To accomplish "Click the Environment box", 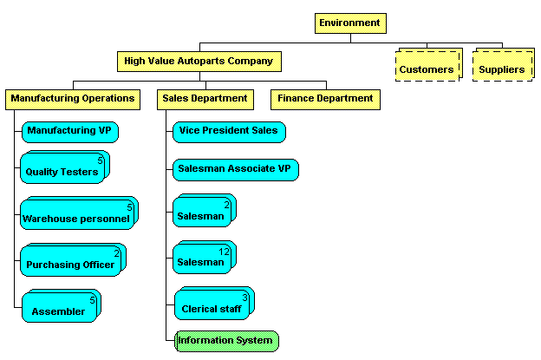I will (x=349, y=23).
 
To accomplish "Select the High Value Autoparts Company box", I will (x=199, y=61).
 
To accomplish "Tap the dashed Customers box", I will (x=427, y=68).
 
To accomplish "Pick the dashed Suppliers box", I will (x=502, y=68).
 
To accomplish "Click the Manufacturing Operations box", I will (x=73, y=98).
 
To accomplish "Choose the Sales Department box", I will (x=205, y=98).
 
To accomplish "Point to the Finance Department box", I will (x=325, y=98).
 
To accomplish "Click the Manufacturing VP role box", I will (x=69, y=131).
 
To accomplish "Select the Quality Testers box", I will (x=62, y=170).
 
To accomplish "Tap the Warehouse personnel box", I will (x=77, y=217).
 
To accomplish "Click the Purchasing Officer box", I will (x=70, y=263).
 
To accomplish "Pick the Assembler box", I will (x=59, y=310).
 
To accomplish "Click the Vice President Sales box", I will (x=229, y=131).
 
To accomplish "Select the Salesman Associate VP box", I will (x=235, y=169).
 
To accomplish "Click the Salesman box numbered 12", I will (x=201, y=260).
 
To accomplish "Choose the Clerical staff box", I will (x=212, y=307).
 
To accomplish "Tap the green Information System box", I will (x=225, y=340).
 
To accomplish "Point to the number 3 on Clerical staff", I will (x=245, y=298).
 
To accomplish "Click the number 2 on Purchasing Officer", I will (x=117, y=253).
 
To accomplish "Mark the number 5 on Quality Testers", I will (x=101, y=160).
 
